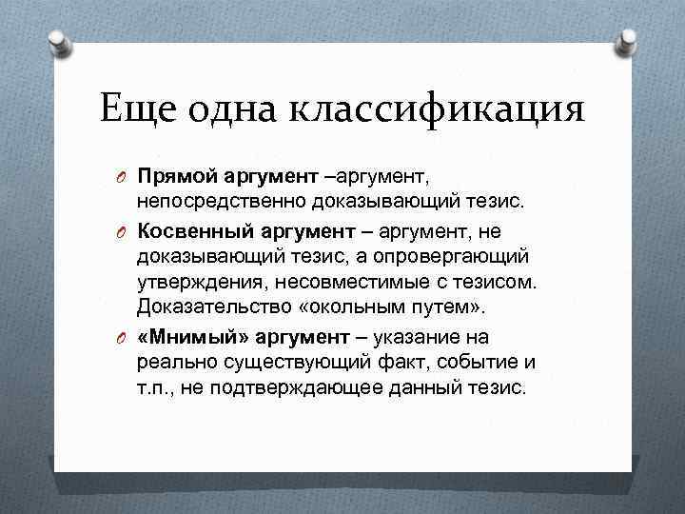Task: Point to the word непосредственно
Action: (x=215, y=202)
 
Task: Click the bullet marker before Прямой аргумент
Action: (x=122, y=178)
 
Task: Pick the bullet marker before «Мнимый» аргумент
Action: (x=122, y=338)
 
